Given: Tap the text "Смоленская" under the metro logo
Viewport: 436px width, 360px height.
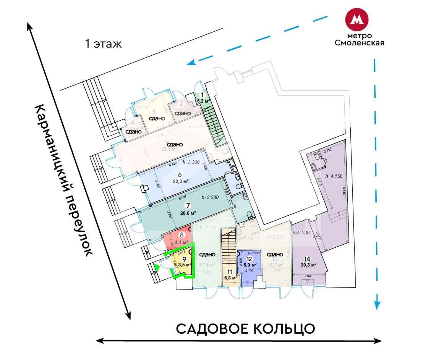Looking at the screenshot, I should tap(359, 43).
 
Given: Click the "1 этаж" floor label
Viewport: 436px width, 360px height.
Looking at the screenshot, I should tap(103, 44).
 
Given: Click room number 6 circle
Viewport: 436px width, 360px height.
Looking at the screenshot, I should tap(185, 175).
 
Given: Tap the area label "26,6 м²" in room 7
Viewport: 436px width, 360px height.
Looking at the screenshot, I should tap(188, 213).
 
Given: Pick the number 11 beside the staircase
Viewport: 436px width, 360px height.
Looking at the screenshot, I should tap(229, 272).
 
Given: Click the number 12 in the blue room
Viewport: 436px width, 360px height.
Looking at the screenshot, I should tap(249, 258).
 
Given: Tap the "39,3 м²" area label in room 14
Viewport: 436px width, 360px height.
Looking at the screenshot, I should tap(308, 265).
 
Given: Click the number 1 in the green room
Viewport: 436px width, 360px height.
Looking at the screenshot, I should tap(203, 95).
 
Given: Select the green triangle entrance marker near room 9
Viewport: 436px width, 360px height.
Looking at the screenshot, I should tap(157, 268).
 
